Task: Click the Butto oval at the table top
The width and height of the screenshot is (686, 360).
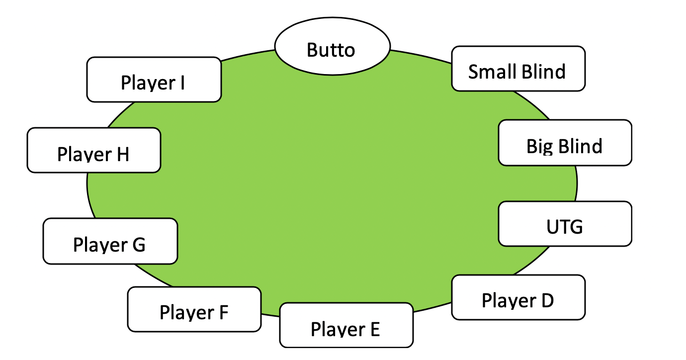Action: (332, 50)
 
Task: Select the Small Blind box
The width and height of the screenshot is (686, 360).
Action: (518, 69)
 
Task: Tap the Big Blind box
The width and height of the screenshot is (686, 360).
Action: (565, 143)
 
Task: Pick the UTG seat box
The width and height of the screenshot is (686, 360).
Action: (565, 224)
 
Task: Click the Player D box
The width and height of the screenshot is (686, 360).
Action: (518, 297)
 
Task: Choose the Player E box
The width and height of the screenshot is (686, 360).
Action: (346, 326)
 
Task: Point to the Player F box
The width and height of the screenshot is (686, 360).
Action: (194, 309)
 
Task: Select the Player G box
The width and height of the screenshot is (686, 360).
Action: (110, 241)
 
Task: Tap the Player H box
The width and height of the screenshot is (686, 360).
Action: (93, 150)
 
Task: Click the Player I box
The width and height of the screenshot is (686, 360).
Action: (154, 80)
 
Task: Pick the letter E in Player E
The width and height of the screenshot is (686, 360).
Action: (374, 329)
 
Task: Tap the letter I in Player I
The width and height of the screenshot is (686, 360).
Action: (182, 83)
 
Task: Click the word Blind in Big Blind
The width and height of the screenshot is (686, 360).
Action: (579, 146)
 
